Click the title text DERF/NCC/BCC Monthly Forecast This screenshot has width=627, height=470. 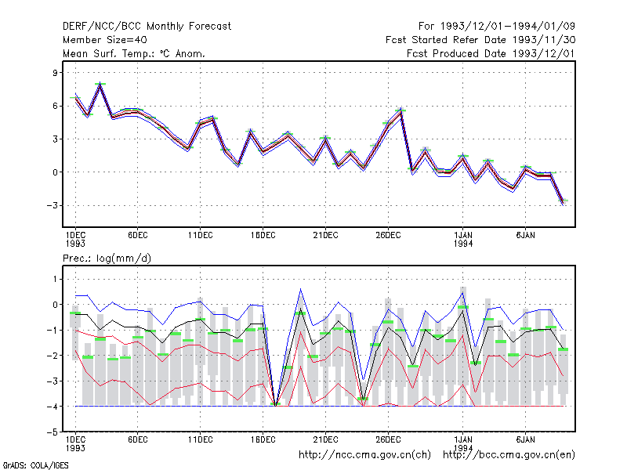click(x=147, y=27)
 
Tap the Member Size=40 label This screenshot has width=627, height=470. click(x=105, y=40)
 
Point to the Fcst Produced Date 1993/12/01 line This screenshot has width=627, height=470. click(x=491, y=53)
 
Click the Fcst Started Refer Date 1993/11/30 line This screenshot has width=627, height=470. click(x=480, y=40)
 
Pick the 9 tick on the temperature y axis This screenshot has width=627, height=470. click(x=55, y=73)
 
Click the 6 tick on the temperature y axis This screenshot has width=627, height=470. click(x=55, y=106)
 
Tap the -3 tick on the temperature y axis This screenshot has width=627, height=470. click(x=52, y=205)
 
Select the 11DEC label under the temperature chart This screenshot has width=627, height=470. click(x=201, y=236)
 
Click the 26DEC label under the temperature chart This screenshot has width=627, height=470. click(x=388, y=236)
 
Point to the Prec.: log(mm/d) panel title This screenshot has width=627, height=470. click(x=107, y=258)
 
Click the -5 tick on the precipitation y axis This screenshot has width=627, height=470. click(x=52, y=432)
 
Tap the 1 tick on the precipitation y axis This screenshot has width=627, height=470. click(x=55, y=279)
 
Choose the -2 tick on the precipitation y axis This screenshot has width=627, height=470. click(x=52, y=356)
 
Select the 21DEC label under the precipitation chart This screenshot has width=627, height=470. click(x=325, y=439)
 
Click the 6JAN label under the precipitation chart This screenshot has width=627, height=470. click(x=525, y=439)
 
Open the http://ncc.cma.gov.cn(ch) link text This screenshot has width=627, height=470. click(x=364, y=455)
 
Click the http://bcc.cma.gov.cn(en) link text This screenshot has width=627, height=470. click(x=509, y=455)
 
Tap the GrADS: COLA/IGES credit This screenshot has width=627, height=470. click(x=36, y=465)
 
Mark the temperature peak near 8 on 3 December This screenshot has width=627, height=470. click(x=100, y=85)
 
